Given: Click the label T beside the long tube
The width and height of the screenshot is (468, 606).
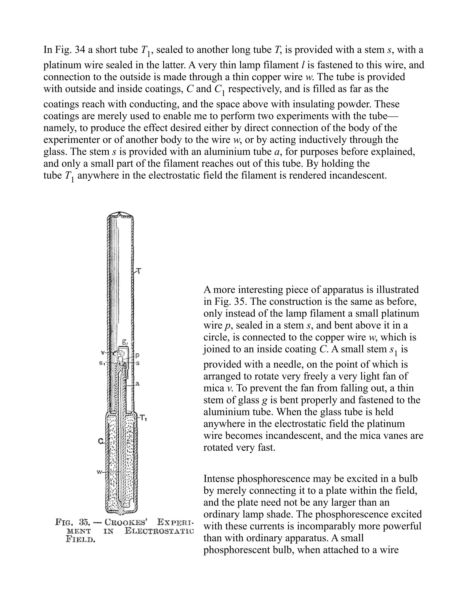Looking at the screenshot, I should tap(139, 271).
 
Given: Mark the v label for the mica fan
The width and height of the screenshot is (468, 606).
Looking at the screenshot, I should tap(103, 353).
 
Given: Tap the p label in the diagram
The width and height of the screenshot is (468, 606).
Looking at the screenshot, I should tap(137, 355).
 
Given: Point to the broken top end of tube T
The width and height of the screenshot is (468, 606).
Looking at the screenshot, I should tap(120, 215).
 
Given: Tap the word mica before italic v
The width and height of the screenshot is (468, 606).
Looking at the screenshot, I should tap(214, 388).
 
